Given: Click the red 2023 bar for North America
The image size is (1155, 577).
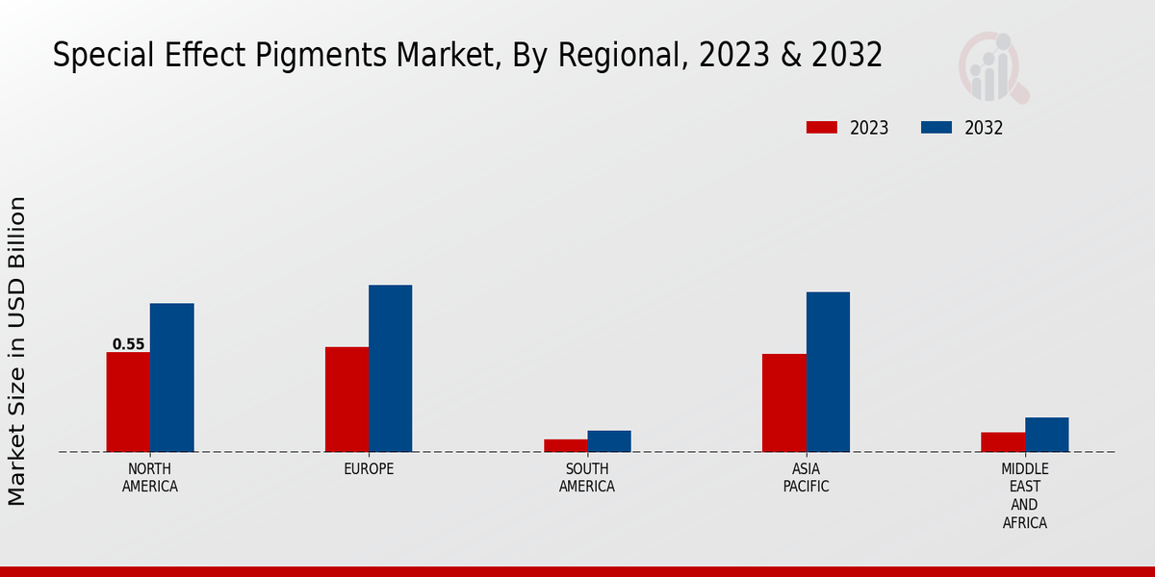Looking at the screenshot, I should [x=128, y=402].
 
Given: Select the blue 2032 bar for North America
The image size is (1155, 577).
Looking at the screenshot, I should [x=171, y=378].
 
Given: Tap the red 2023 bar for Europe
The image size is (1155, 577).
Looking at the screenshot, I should [x=346, y=399].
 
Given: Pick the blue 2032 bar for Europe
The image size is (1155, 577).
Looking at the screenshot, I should [x=390, y=368].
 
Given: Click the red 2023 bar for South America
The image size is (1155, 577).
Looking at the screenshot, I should [x=565, y=445].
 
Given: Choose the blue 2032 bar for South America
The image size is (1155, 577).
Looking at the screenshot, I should [x=609, y=440].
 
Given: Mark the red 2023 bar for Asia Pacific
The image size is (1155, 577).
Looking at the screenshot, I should [x=783, y=403].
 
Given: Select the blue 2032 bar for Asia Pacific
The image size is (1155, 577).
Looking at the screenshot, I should [x=828, y=372].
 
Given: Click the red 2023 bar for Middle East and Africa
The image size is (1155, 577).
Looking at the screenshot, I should [x=1003, y=441].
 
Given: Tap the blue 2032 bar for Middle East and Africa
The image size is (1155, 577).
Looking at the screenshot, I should [x=1046, y=435].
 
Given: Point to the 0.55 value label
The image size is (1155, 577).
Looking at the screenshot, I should [x=128, y=344].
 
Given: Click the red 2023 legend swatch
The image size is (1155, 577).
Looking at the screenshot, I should [x=822, y=128].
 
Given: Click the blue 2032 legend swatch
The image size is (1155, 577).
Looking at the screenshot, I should [x=937, y=128].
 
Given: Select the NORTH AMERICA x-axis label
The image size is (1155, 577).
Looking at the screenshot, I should [x=150, y=478].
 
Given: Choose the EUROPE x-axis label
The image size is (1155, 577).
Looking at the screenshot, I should [x=369, y=469].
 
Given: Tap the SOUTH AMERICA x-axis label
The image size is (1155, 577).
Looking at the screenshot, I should [x=587, y=478].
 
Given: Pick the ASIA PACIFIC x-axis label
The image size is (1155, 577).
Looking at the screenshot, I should [x=806, y=478].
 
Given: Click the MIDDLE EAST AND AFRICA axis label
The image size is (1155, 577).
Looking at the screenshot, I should [x=1024, y=496].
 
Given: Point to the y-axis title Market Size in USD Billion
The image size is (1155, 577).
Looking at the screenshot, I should [x=17, y=351].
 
